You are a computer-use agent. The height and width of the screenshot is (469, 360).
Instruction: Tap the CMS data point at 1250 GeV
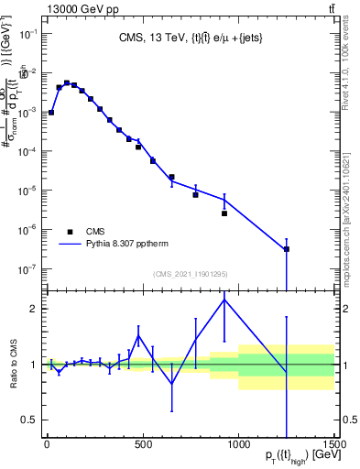tap(287, 249)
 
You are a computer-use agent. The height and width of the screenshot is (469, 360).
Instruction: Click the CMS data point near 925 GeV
tap(224, 213)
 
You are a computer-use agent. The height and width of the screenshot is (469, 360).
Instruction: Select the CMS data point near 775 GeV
tap(195, 195)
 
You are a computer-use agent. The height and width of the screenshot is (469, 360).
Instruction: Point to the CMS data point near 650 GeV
tap(171, 177)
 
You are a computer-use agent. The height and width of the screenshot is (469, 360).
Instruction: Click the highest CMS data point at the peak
tap(66, 83)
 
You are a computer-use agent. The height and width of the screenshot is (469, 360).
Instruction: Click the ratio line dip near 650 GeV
tap(171, 385)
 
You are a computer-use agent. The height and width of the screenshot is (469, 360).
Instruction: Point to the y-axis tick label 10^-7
tap(28, 269)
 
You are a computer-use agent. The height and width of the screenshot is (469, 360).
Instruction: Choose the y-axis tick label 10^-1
tap(28, 33)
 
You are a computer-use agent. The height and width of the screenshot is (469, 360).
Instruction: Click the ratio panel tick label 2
tap(34, 309)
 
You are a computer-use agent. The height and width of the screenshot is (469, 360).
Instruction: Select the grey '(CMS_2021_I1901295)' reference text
tap(190, 274)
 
